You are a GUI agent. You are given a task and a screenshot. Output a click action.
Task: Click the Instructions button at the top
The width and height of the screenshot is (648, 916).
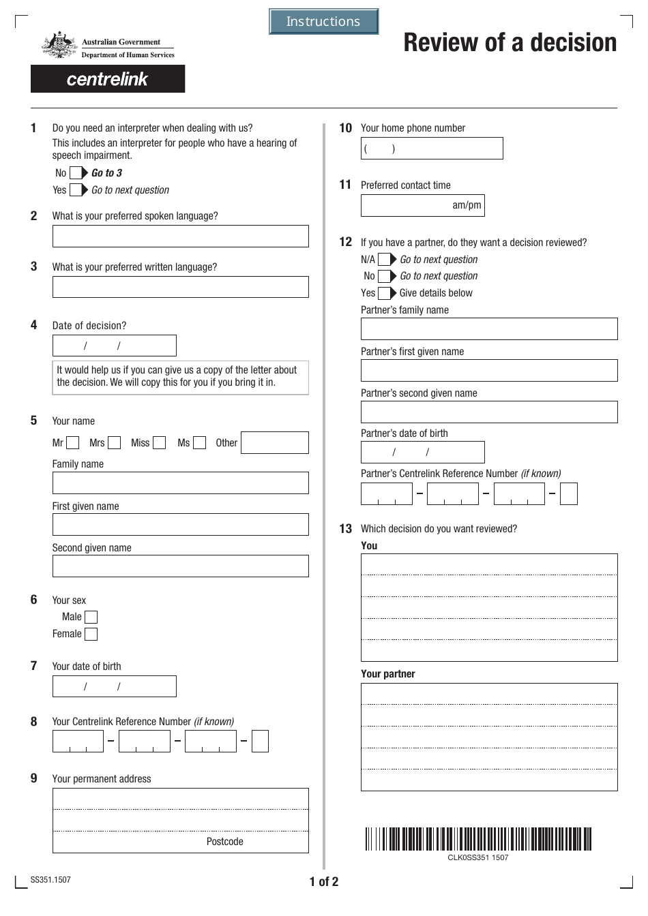323,22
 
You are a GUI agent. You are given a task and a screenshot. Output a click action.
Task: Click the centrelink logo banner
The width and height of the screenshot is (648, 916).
108,79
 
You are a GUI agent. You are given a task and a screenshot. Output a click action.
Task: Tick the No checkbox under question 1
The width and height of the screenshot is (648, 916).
76,173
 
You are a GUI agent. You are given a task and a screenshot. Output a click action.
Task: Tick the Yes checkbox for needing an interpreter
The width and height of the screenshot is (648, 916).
76,190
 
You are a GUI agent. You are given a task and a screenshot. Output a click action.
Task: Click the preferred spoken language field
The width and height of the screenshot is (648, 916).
180,236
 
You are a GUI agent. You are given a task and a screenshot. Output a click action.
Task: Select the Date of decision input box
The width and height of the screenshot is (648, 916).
114,346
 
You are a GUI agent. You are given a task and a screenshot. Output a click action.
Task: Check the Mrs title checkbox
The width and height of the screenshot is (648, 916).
115,443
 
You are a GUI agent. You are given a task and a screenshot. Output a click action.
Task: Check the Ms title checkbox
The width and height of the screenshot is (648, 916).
199,443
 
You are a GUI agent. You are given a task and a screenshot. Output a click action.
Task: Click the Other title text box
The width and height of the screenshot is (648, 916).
274,443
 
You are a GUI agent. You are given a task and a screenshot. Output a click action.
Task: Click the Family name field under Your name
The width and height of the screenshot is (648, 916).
180,483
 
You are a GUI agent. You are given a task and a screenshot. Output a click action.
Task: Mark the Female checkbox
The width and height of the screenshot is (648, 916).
91,635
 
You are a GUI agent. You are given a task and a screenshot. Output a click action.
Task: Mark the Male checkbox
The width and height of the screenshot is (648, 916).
91,617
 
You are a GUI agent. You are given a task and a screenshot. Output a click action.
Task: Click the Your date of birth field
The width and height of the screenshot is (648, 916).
114,686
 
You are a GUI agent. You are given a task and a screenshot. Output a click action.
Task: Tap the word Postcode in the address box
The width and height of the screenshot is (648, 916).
224,842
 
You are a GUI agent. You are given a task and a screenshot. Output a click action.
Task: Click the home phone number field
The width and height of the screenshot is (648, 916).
431,149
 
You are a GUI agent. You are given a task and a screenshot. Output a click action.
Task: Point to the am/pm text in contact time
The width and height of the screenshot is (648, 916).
467,205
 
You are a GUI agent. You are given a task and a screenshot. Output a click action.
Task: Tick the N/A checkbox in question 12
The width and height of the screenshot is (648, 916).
385,260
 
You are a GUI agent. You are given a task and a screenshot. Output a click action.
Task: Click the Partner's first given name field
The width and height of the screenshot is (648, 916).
488,371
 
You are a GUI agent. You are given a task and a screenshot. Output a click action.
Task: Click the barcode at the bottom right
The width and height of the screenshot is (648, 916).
477,839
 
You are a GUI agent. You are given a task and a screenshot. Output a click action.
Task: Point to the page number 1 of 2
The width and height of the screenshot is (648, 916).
323,882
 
